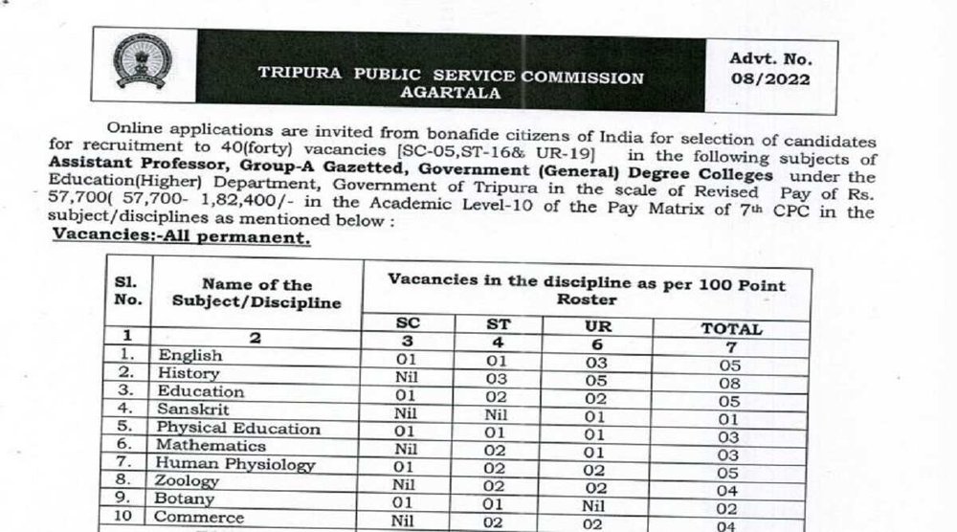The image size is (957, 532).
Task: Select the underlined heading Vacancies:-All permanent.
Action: tap(182, 237)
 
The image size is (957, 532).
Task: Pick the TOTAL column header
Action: tap(731, 328)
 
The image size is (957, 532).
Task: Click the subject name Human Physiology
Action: tap(235, 464)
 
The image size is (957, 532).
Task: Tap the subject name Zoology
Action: tap(189, 482)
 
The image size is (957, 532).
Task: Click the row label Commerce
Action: tap(200, 519)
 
